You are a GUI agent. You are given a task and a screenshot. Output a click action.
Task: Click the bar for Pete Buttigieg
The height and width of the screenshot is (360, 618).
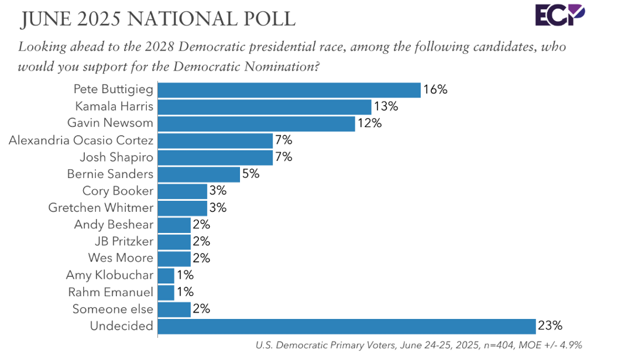289,90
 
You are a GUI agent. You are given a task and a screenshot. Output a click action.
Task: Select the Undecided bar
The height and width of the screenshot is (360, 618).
347,326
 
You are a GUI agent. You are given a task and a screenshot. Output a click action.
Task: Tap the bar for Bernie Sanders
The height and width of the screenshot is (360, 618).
199,174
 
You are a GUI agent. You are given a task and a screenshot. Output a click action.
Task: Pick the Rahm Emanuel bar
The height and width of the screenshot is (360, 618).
166,292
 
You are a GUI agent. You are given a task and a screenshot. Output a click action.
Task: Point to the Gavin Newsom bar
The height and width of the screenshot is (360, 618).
256,124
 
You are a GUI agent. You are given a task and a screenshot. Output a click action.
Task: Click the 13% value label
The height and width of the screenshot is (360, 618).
386,107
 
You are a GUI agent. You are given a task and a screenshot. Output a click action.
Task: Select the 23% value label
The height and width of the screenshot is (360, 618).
551,326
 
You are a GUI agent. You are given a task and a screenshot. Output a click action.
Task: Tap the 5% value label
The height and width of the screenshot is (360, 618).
251,174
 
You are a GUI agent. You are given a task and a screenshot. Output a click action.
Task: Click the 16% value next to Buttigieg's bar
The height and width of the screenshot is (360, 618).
435,90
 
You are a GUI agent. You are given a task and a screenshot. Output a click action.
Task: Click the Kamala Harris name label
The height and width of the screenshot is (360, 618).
114,107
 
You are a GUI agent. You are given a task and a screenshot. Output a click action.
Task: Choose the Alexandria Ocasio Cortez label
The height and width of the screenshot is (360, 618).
81,140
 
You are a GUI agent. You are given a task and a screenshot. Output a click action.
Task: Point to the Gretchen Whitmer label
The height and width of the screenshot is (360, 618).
101,208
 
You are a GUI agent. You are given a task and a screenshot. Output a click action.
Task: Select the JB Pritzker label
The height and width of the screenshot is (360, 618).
123,241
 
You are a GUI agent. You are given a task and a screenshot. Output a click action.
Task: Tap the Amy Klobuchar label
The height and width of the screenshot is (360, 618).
109,275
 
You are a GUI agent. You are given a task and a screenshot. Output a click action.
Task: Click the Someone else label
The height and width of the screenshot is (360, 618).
113,309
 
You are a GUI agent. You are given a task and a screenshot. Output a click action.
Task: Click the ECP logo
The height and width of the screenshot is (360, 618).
559,15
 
